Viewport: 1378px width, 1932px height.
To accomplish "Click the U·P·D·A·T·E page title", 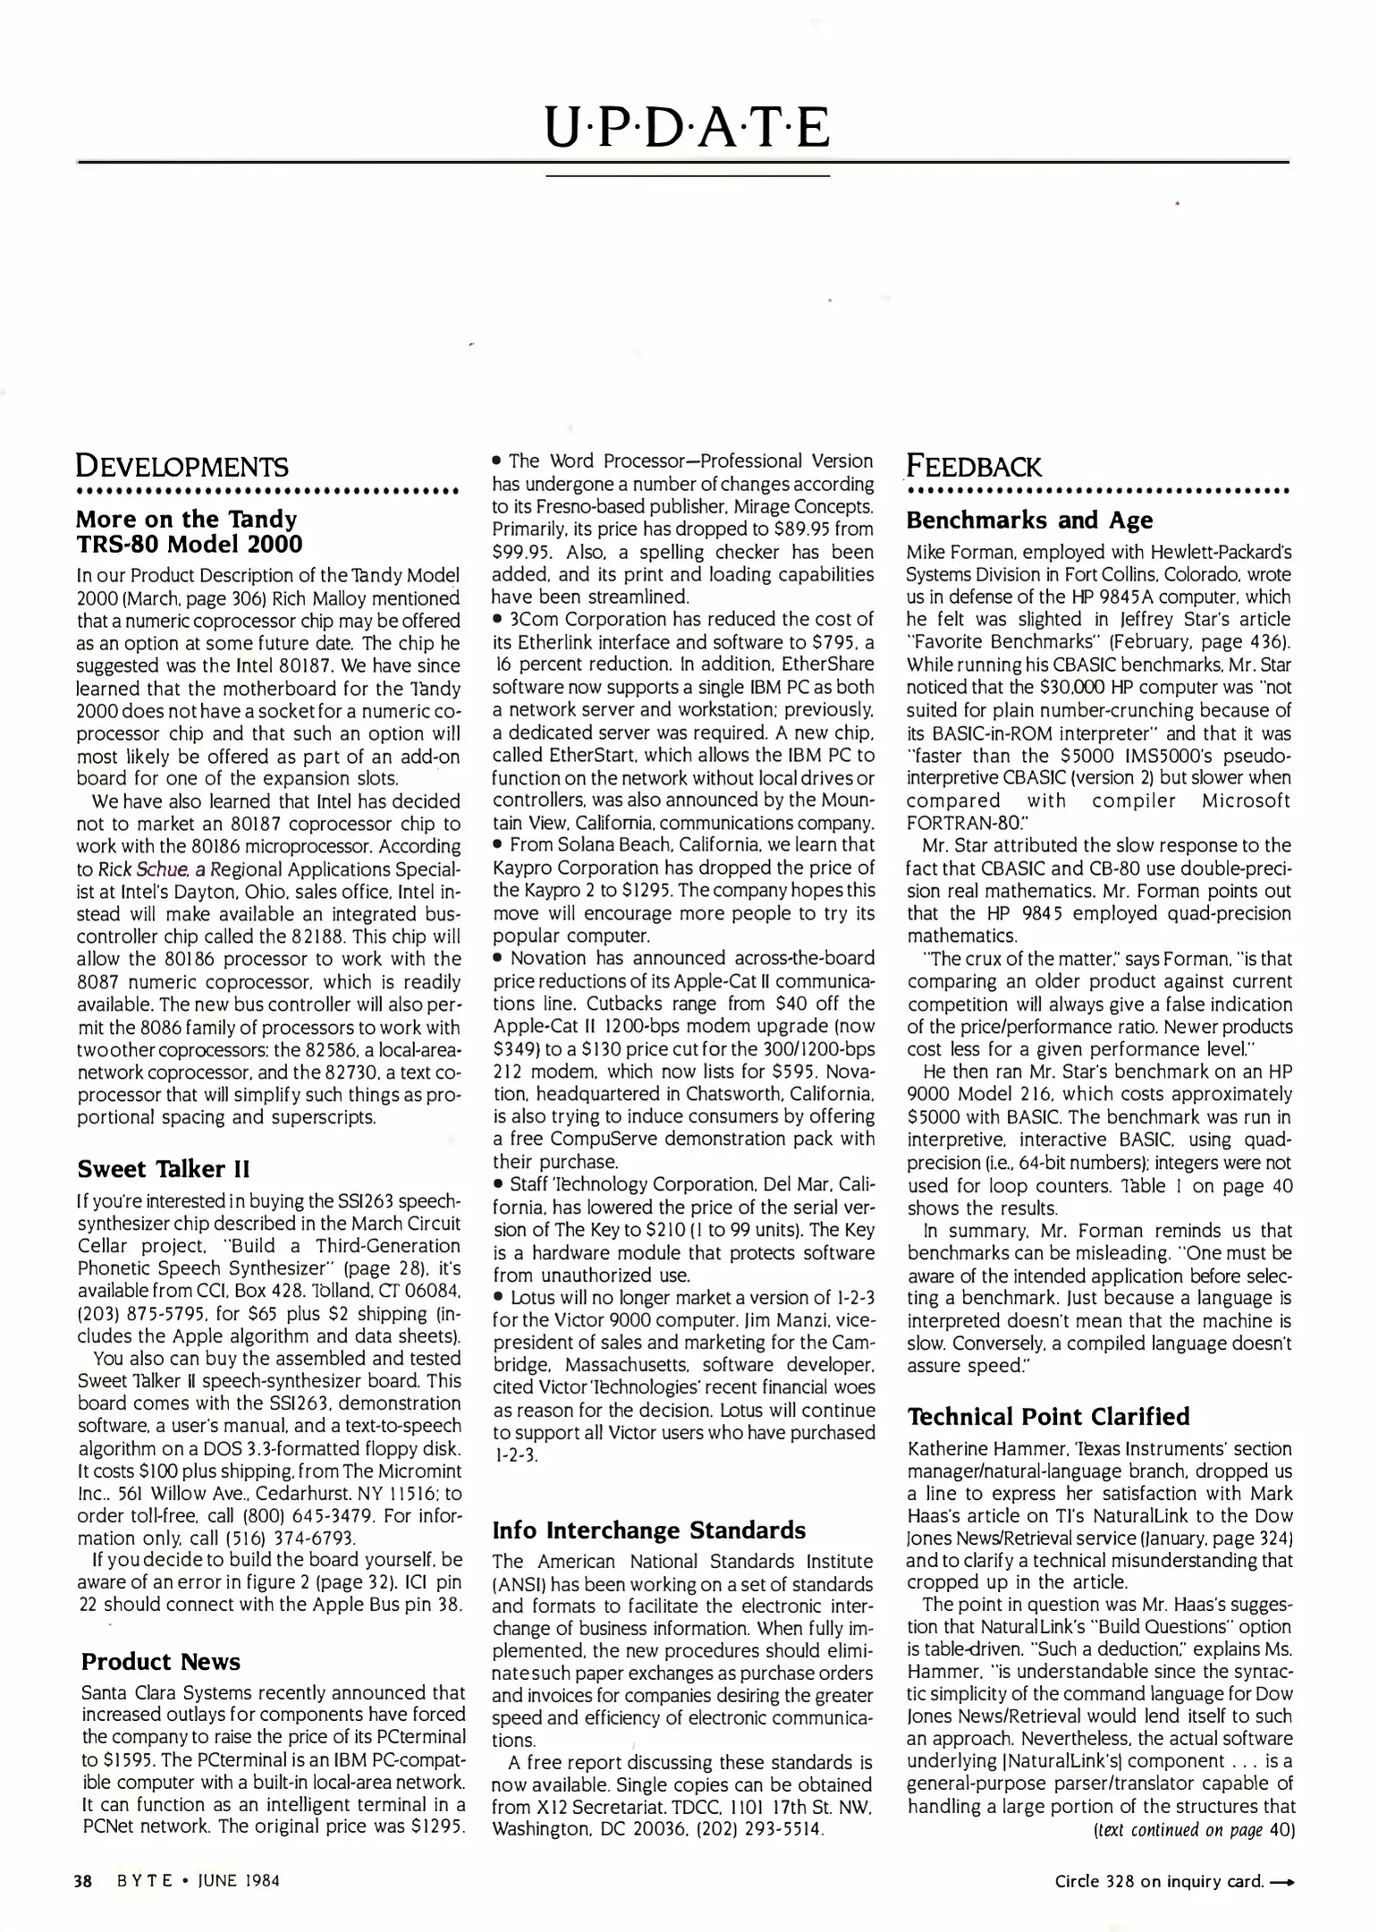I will pyautogui.click(x=688, y=127).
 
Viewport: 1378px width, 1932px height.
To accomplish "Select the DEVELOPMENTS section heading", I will pyautogui.click(x=182, y=466).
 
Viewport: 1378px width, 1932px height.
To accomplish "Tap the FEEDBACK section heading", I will pyautogui.click(x=974, y=466).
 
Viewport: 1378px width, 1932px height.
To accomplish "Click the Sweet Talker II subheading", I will pyautogui.click(x=164, y=1168).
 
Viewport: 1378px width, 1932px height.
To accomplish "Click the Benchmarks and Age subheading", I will pyautogui.click(x=1029, y=520).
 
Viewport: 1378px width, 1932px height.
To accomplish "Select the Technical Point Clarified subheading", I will pyautogui.click(x=1049, y=1416).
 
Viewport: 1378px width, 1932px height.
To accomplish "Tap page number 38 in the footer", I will pyautogui.click(x=82, y=1880).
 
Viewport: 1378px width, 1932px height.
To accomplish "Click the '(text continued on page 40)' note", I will pyautogui.click(x=1194, y=1829).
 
